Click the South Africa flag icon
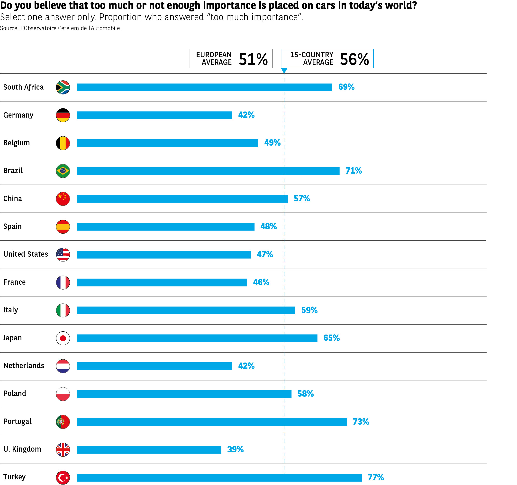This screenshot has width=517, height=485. [63, 87]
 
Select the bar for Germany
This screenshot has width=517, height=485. [154, 115]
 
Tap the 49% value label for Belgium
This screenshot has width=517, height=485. [272, 143]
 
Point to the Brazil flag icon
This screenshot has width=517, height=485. [63, 171]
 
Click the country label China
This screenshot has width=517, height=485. [13, 199]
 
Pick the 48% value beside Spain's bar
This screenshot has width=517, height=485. [268, 226]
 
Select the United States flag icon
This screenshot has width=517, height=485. [63, 254]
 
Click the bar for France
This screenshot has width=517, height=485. [162, 282]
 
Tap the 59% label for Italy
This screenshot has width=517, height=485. [309, 310]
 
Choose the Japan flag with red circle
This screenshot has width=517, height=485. [63, 338]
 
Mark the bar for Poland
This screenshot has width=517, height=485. [184, 394]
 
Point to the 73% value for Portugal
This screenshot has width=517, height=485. [361, 422]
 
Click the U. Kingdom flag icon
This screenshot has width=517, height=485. [63, 450]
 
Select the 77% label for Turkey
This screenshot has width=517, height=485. [376, 477]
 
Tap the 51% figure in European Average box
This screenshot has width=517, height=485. [253, 59]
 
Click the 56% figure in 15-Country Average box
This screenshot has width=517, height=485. [354, 59]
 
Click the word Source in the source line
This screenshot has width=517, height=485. [9, 28]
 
